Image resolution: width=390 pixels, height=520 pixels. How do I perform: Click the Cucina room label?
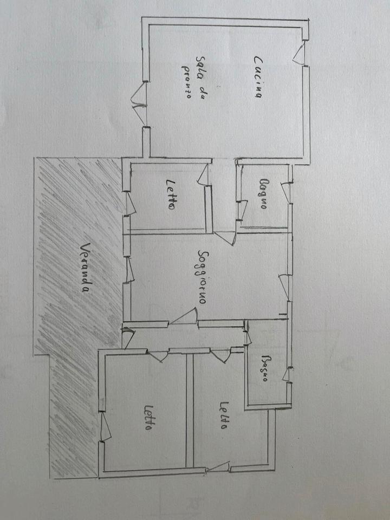tap(257, 77)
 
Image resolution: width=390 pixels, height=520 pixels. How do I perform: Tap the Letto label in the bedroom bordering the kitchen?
tap(171, 194)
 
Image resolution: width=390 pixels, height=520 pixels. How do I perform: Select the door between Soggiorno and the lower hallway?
tap(184, 317)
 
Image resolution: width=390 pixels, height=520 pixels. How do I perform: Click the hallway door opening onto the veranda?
tap(127, 338)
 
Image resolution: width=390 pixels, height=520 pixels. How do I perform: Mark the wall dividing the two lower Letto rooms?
tap(190, 409)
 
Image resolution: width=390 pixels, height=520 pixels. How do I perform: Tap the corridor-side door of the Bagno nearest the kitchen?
tap(241, 209)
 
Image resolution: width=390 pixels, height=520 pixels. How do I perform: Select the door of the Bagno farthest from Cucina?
tap(248, 336)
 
